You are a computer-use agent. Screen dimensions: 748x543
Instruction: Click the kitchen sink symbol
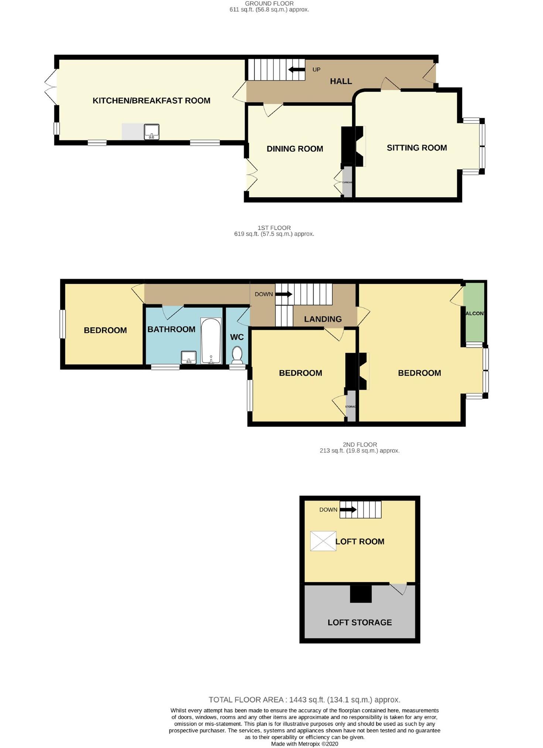151,132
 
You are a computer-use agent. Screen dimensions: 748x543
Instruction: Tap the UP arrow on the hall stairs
297,69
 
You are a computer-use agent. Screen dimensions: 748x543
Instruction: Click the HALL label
341,81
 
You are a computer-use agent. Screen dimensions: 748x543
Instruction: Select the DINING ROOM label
295,149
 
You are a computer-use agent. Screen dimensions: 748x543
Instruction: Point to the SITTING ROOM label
417,148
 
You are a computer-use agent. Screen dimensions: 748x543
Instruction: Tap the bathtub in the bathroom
211,341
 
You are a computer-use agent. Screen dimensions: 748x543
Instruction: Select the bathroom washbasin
188,357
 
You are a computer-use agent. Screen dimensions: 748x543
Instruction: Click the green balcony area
474,313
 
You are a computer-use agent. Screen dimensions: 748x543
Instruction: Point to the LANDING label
323,319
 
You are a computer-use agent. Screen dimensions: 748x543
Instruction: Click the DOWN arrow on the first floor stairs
284,294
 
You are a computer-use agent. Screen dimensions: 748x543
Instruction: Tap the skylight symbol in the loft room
323,541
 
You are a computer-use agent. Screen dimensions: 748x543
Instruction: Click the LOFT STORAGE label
359,622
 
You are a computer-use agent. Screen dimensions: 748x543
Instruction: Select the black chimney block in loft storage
361,594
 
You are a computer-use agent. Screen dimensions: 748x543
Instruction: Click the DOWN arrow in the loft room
348,510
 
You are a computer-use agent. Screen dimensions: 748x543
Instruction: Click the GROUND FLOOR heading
269,3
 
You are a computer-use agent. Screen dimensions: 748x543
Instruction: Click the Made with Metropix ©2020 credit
304,744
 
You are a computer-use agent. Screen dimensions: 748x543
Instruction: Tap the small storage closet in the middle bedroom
351,406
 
